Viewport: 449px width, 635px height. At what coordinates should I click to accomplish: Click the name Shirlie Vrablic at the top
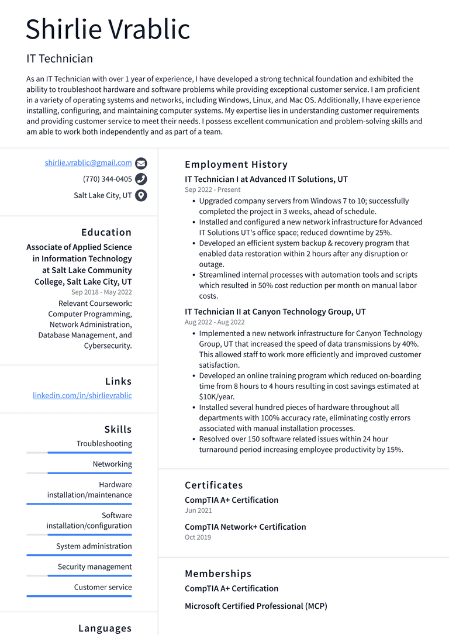(108, 29)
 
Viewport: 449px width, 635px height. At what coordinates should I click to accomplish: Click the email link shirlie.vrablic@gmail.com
(88, 163)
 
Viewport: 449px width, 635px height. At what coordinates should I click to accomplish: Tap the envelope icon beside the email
(141, 163)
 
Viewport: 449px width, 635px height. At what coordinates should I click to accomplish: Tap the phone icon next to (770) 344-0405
(141, 179)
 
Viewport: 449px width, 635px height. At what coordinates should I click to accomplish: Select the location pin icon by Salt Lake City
(141, 195)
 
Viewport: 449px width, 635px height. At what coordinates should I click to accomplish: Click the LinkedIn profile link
(82, 395)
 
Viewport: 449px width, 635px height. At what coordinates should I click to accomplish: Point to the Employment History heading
(236, 164)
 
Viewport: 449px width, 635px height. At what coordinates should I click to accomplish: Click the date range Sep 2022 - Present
(213, 189)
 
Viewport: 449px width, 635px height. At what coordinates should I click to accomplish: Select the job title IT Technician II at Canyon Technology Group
(275, 312)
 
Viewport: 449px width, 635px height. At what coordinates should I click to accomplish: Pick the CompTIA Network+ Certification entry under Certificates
(245, 527)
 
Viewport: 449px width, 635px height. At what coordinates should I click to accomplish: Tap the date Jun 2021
(198, 510)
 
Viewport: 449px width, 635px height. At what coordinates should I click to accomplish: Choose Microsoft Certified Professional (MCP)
(255, 606)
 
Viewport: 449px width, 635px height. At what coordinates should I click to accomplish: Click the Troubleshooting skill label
(104, 444)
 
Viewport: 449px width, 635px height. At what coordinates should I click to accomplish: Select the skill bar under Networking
(79, 472)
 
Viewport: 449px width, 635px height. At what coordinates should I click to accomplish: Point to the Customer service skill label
(103, 587)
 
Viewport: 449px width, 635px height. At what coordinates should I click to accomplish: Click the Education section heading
(106, 232)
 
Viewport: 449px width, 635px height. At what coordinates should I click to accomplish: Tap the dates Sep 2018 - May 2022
(102, 292)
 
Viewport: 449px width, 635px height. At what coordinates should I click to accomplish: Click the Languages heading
(105, 628)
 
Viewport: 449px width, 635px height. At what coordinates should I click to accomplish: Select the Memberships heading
(218, 574)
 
